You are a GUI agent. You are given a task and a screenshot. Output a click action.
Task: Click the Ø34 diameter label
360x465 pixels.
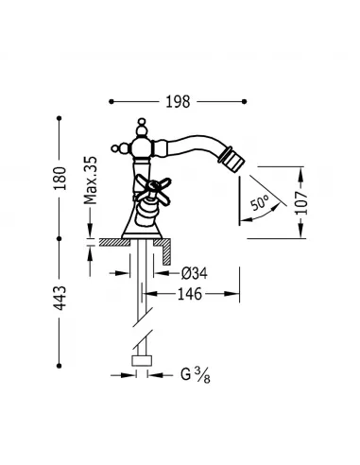pos(196,273)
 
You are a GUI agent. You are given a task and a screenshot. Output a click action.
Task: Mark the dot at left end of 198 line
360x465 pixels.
pos(112,97)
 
